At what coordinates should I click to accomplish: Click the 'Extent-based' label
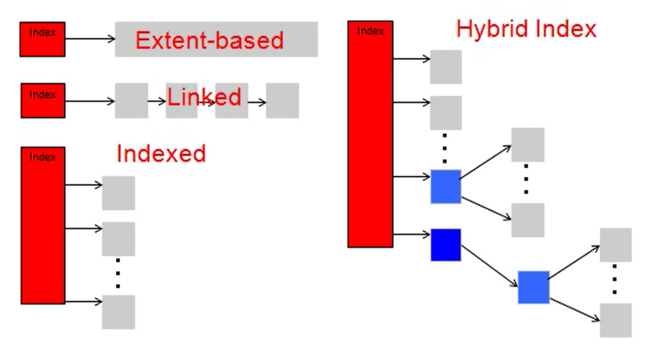pos(209,40)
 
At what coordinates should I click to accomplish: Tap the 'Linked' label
pos(204,97)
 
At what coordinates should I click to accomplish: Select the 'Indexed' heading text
pos(161,153)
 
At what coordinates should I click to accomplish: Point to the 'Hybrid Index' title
pos(526,29)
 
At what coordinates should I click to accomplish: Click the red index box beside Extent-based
pos(43,39)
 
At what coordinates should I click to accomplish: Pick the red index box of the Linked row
pos(43,100)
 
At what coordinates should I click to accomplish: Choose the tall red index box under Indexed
pos(43,225)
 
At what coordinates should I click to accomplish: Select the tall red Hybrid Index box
pos(370,134)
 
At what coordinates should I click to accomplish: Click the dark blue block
pos(446,245)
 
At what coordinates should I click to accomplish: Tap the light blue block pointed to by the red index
pos(446,186)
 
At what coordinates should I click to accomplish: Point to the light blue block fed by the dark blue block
pos(534,287)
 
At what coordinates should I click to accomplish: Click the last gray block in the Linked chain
pos(282,100)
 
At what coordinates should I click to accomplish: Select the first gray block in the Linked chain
pos(132,100)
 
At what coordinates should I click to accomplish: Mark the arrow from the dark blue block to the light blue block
pos(489,266)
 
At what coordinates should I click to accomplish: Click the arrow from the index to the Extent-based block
pos(90,38)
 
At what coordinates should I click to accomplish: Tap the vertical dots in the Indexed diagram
pos(118,273)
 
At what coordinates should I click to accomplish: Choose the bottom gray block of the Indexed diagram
pos(118,312)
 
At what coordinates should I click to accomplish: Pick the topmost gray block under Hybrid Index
pos(446,67)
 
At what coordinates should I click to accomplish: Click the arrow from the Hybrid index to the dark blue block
pos(412,235)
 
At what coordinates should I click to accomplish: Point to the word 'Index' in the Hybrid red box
pos(370,31)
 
